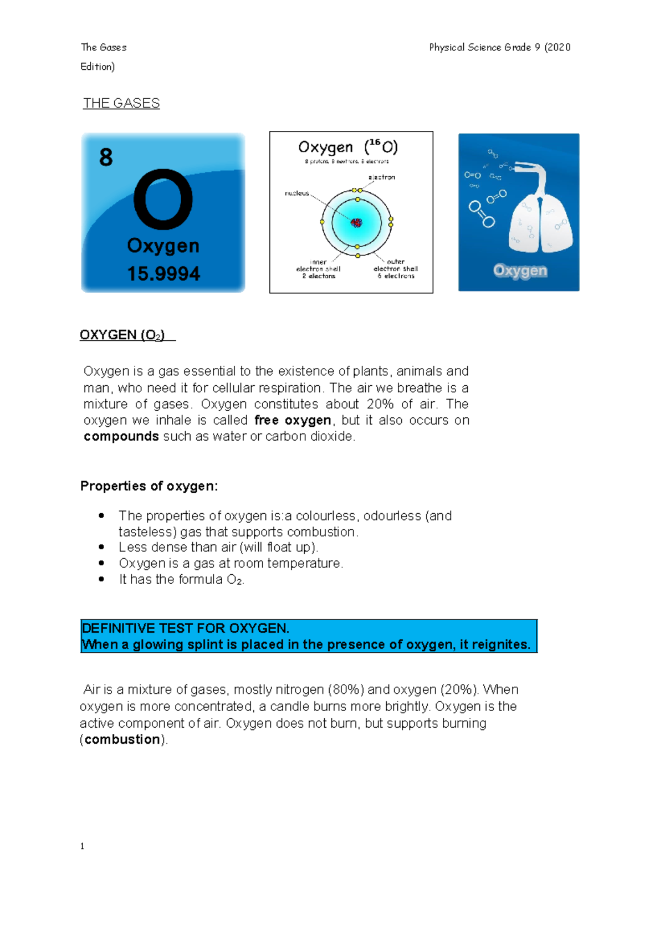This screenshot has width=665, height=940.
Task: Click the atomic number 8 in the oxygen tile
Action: [106, 157]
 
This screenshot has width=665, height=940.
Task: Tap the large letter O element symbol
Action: [163, 200]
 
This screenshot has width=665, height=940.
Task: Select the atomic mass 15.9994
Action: [163, 274]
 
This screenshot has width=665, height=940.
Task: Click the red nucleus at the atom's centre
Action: [356, 223]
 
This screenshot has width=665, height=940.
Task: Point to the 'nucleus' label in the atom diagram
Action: [297, 193]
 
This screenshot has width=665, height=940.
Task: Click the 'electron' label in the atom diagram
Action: [382, 177]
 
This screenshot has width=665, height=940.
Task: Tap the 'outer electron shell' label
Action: [396, 269]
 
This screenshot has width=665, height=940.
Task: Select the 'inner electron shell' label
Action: [318, 269]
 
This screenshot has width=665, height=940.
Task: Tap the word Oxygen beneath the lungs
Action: [520, 270]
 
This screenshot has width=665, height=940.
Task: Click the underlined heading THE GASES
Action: [121, 104]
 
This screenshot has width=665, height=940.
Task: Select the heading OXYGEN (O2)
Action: [122, 335]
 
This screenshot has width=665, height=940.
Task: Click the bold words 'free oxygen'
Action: [293, 420]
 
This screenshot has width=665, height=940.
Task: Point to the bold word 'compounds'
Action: [121, 436]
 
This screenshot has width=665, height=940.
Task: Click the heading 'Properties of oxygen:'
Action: [149, 486]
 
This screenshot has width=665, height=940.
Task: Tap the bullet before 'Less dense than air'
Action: [101, 547]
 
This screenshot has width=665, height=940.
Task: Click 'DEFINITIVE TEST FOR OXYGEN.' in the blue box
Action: [186, 629]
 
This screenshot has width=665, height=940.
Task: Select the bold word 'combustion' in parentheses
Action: [122, 739]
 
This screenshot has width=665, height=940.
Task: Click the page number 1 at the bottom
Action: [83, 846]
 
